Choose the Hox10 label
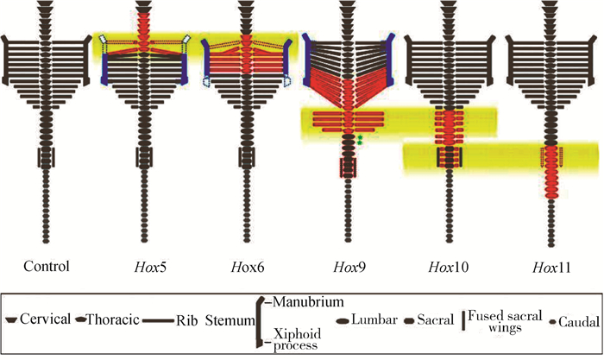pyautogui.click(x=447, y=265)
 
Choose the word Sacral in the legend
pyautogui.click(x=435, y=320)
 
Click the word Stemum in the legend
pyautogui.click(x=228, y=320)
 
